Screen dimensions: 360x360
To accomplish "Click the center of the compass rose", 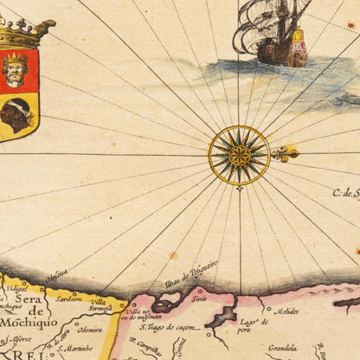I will (x=240, y=155).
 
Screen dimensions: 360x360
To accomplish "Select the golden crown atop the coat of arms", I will (x=19, y=35).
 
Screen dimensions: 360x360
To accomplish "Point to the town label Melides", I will (x=290, y=311).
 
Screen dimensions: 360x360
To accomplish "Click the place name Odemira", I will (x=89, y=328).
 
